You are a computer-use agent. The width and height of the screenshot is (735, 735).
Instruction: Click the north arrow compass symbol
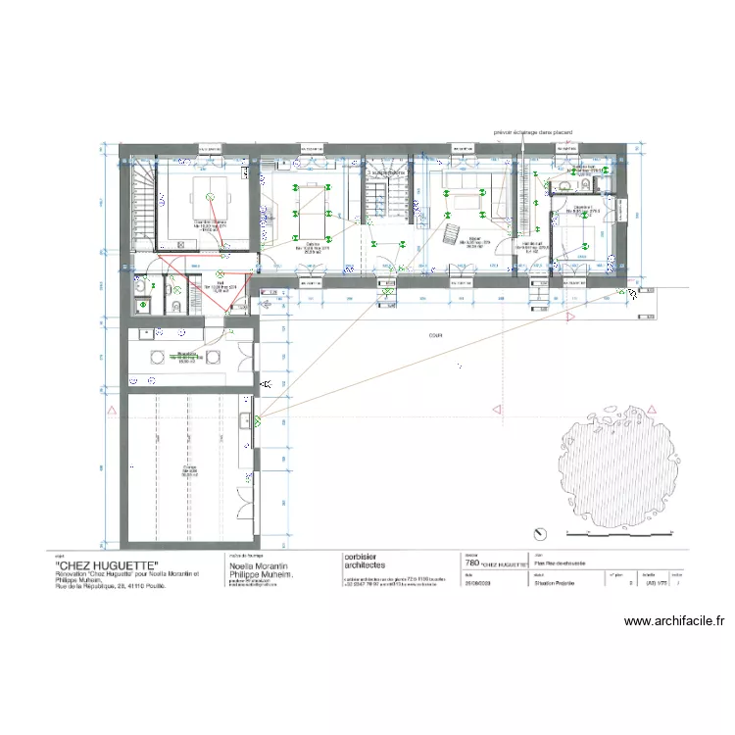[539, 533]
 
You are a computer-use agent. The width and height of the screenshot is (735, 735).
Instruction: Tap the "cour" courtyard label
[433, 334]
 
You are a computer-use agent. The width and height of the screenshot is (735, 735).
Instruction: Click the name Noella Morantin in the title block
[259, 566]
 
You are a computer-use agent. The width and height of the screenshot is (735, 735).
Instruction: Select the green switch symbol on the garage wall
[258, 421]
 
